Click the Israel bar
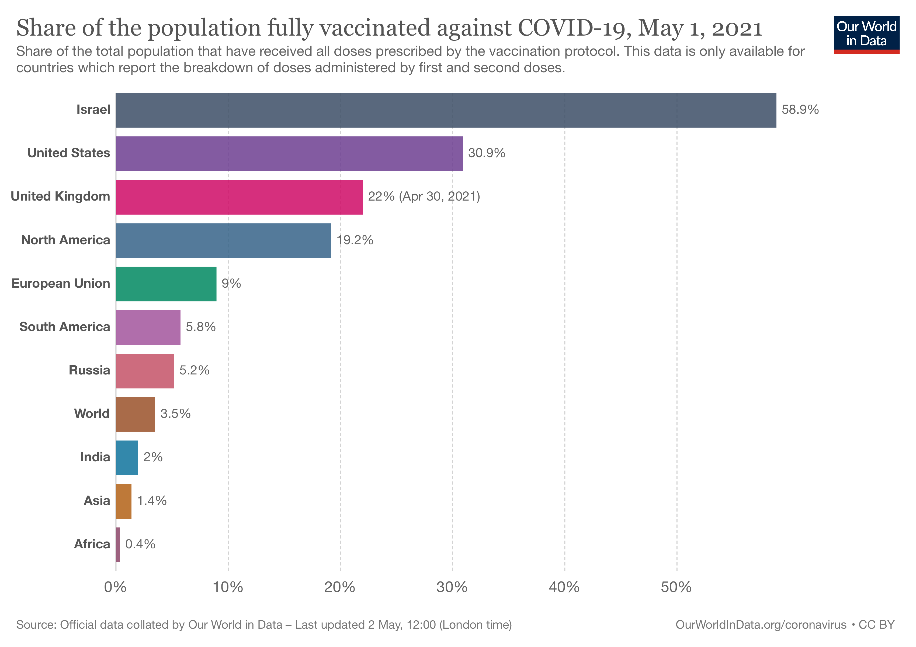(x=446, y=110)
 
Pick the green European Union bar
(x=166, y=284)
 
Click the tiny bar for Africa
(x=118, y=544)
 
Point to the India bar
(x=127, y=458)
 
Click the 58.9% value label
(x=800, y=110)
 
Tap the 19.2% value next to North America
(x=355, y=240)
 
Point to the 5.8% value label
(x=201, y=327)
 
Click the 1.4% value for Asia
(x=152, y=501)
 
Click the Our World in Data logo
(x=866, y=34)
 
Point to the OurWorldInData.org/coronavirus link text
(x=761, y=625)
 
